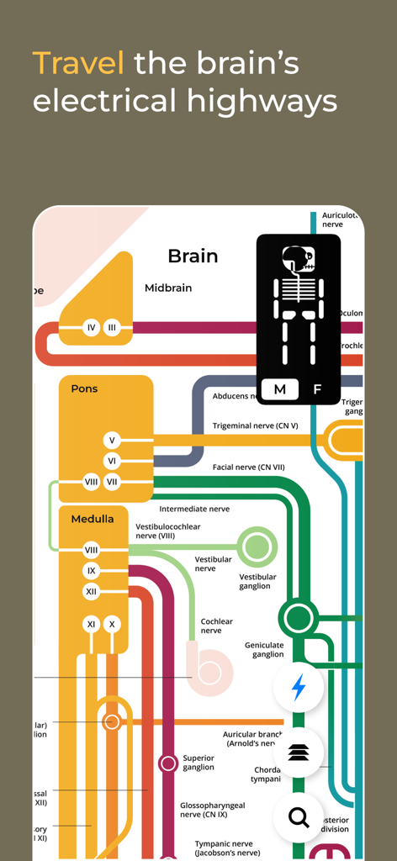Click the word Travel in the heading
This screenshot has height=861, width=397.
pyautogui.click(x=78, y=63)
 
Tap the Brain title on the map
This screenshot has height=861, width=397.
pyautogui.click(x=193, y=256)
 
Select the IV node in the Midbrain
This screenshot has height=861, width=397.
pyautogui.click(x=92, y=328)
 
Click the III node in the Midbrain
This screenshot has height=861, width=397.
pyautogui.click(x=112, y=328)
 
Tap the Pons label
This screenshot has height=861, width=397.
pyautogui.click(x=84, y=388)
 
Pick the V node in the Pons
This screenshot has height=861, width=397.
pyautogui.click(x=112, y=440)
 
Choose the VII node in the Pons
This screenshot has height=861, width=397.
pyautogui.click(x=112, y=482)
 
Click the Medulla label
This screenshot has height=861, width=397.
pyautogui.click(x=93, y=519)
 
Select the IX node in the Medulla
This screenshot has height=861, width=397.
pyautogui.click(x=92, y=571)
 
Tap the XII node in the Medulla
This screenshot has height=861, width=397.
pyautogui.click(x=92, y=592)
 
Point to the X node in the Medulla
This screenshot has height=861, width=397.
pyautogui.click(x=112, y=624)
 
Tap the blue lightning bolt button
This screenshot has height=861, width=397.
pyautogui.click(x=299, y=688)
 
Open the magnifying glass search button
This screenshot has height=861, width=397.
pyautogui.click(x=299, y=816)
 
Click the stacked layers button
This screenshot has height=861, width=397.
pyautogui.click(x=299, y=753)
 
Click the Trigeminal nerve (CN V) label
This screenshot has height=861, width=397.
pyautogui.click(x=255, y=426)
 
